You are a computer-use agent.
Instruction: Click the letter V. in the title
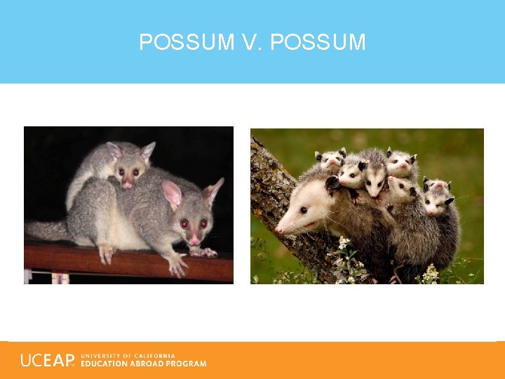pyautogui.click(x=251, y=43)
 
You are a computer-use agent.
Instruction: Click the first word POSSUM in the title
pyautogui.click(x=186, y=43)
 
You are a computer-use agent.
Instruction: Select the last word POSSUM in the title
pyautogui.click(x=318, y=43)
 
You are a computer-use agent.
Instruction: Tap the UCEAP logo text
pyautogui.click(x=47, y=360)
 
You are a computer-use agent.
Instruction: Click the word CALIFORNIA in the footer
pyautogui.click(x=157, y=356)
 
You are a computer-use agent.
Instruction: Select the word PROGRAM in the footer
pyautogui.click(x=187, y=364)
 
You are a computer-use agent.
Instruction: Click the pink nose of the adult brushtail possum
pyautogui.click(x=194, y=239)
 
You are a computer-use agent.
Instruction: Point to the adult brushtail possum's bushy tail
pyautogui.click(x=46, y=229)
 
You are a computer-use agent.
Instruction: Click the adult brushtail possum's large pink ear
pyautogui.click(x=171, y=193)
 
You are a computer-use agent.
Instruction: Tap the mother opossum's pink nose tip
pyautogui.click(x=278, y=229)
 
